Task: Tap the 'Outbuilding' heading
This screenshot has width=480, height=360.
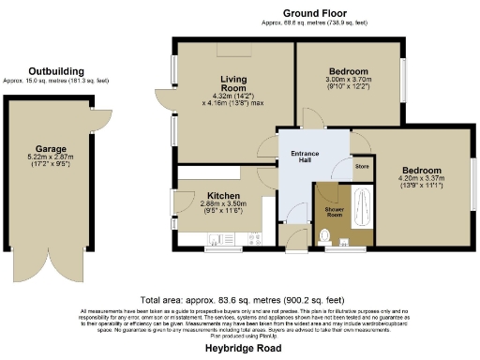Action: (55, 71)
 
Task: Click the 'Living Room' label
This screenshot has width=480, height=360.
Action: (232, 84)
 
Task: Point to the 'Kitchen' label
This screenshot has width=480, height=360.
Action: (224, 196)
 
